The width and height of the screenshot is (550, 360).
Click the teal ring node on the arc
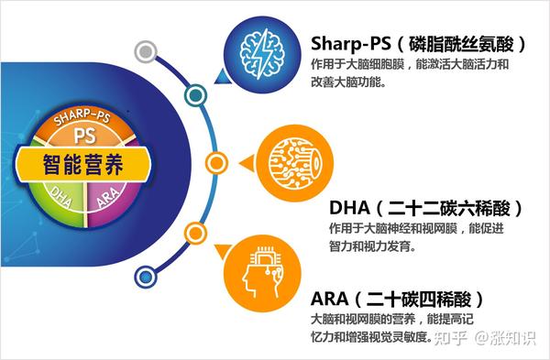tap(193, 94)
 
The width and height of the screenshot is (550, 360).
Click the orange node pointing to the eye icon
tap(216, 163)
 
